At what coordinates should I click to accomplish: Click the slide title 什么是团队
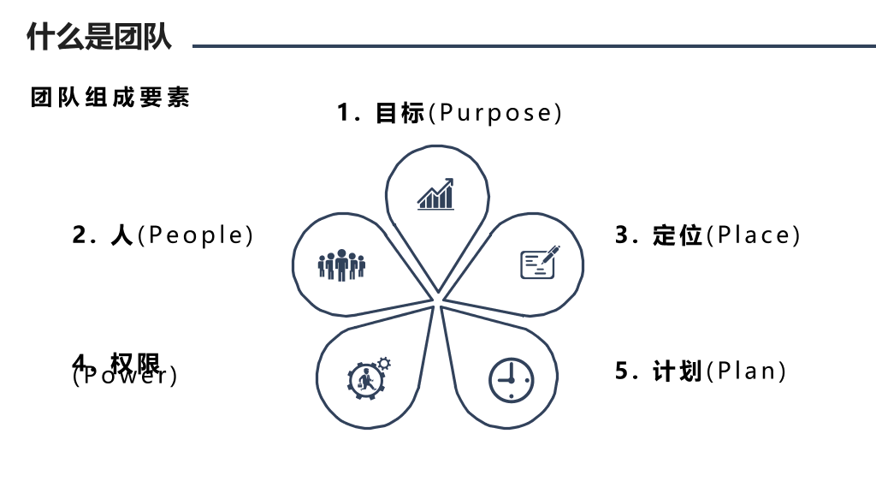[99, 37]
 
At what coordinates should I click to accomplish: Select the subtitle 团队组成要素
[110, 98]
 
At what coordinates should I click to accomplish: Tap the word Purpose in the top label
[495, 113]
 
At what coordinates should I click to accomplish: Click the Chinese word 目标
[400, 113]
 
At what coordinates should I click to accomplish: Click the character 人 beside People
[121, 235]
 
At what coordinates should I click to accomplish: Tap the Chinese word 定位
[678, 235]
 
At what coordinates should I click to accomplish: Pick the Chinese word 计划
[678, 371]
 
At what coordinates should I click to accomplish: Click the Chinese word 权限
[135, 364]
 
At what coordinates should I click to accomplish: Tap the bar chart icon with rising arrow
[435, 194]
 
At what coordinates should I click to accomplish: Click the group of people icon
[341, 265]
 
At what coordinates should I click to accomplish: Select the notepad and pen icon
[540, 262]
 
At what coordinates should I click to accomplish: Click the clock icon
[512, 380]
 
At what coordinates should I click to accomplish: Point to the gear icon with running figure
[366, 381]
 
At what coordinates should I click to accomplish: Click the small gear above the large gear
[384, 364]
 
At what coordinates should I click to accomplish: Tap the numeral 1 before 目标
[344, 113]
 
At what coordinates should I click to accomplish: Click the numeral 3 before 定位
[622, 235]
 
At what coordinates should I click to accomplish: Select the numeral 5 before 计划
[622, 371]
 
